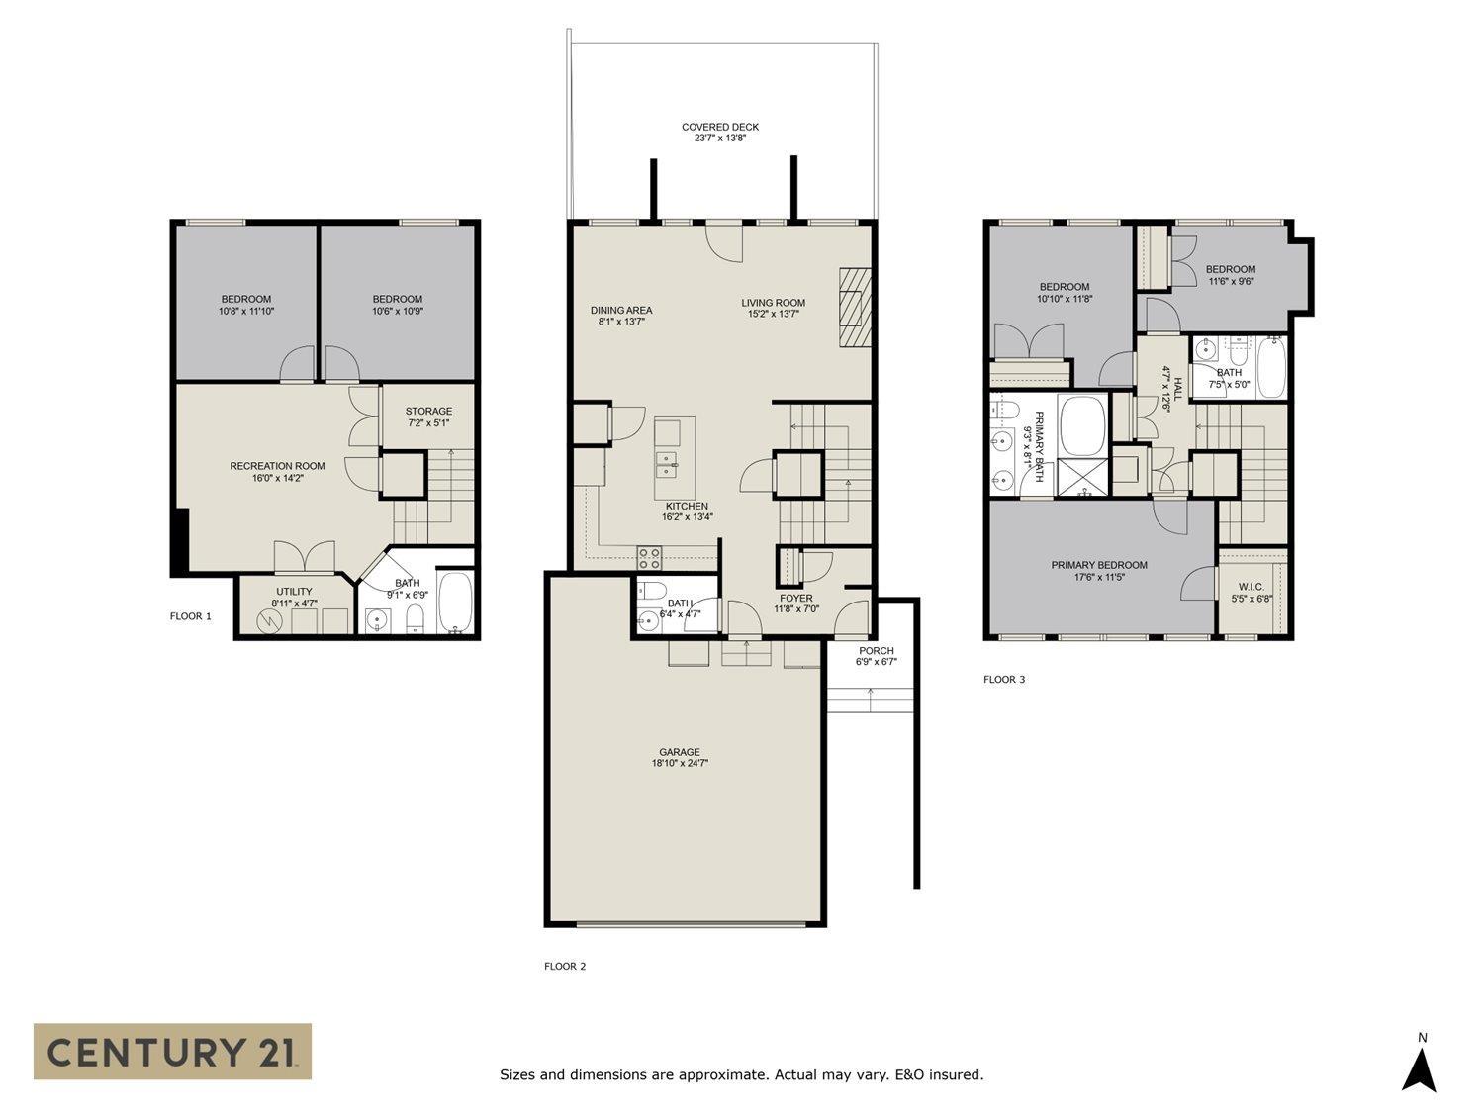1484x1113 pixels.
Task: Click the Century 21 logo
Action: pos(172,1051)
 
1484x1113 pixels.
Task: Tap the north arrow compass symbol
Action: pos(1421,1068)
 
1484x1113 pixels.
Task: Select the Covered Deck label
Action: pos(719,127)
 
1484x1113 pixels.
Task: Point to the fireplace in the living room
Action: pos(856,308)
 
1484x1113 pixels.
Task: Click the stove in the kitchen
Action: pos(649,558)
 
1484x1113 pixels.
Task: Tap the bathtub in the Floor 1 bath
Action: pos(456,603)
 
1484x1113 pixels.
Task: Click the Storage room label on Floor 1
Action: pos(428,411)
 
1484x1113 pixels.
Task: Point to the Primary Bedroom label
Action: pos(1098,565)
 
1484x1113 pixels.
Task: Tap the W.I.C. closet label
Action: pos(1251,586)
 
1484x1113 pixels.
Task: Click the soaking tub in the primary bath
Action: pos(1082,425)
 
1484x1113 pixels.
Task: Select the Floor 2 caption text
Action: pos(565,967)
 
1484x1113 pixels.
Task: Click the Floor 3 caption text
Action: pos(1003,680)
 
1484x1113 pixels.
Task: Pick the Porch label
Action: pos(877,651)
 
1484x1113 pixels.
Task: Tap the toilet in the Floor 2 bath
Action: pos(651,592)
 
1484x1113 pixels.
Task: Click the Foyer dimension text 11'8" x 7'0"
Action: pos(795,609)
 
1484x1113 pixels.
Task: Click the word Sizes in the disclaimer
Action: pos(519,1074)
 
